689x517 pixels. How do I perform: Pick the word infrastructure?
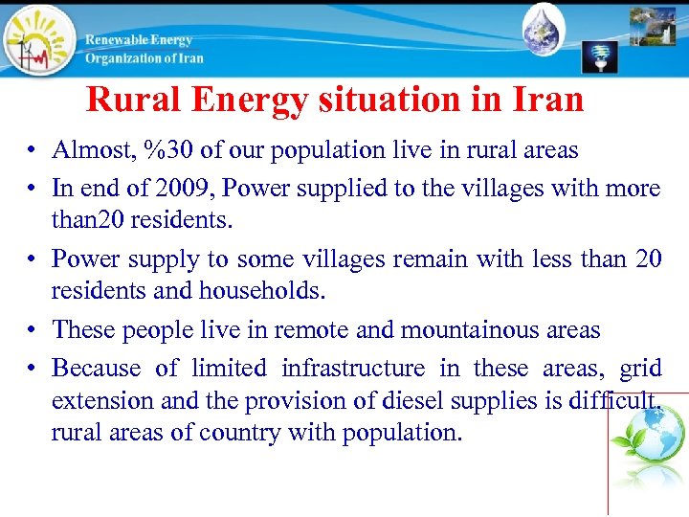pos(353,368)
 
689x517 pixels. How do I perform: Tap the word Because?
pos(97,368)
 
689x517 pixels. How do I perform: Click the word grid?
pos(640,368)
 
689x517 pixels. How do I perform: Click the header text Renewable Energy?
pos(139,40)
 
